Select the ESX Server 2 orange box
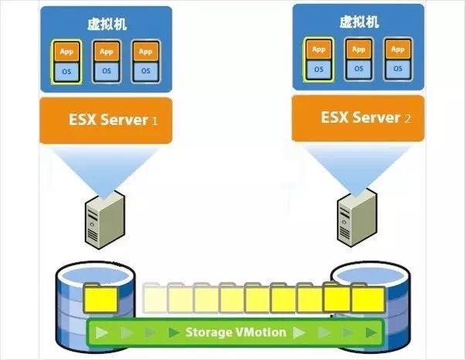(360, 118)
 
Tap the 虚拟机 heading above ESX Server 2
(360, 22)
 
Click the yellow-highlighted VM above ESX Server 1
(66, 62)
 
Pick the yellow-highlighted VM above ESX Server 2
(318, 59)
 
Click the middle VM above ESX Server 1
(106, 62)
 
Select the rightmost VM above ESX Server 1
(145, 62)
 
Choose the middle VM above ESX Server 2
(358, 59)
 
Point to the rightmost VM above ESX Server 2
(399, 59)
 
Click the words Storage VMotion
(236, 332)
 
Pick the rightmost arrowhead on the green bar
(372, 333)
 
